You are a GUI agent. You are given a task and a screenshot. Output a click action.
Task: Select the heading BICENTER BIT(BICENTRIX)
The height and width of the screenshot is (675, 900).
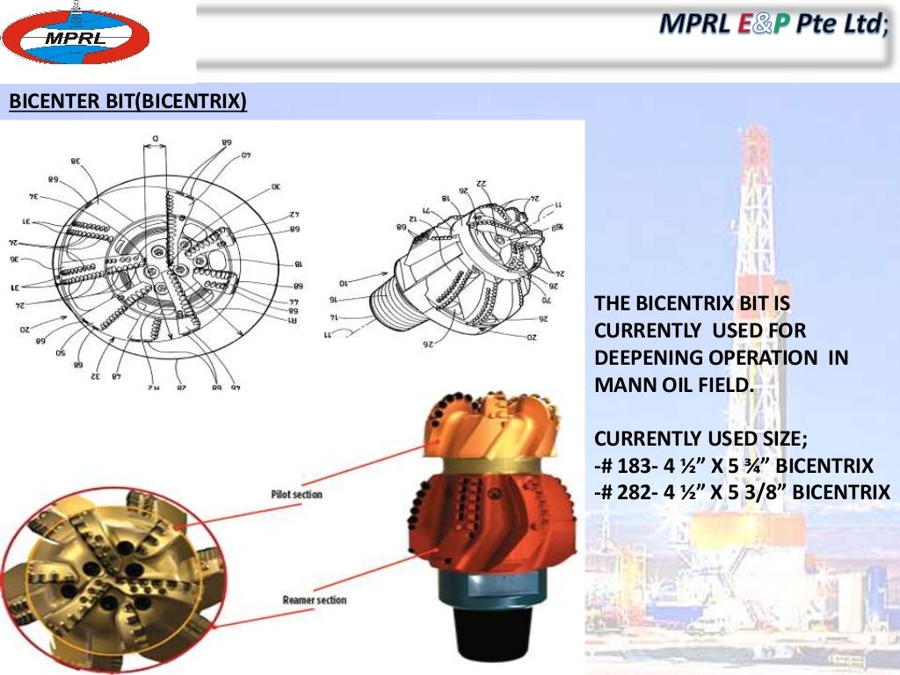127,103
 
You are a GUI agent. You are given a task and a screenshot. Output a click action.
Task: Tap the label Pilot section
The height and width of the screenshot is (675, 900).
296,495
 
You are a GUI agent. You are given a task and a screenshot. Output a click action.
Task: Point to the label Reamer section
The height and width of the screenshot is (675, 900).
314,600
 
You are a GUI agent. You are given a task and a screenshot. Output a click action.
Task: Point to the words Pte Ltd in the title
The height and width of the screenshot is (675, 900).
842,26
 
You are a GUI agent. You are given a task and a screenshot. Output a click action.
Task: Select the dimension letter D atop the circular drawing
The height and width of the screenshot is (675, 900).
155,138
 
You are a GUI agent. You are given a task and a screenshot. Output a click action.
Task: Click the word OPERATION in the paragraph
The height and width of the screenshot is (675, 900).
773,358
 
